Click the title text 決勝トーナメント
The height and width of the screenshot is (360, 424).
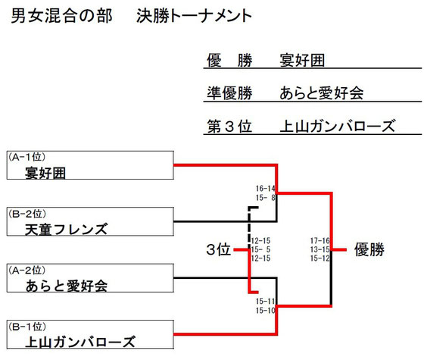[x=194, y=16]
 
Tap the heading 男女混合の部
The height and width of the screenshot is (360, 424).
[x=61, y=16]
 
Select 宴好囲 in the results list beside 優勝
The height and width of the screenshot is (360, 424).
[x=302, y=60]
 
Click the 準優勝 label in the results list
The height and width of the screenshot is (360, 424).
[x=229, y=92]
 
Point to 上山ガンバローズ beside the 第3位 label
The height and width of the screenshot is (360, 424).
[x=338, y=126]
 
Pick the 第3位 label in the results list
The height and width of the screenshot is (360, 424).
[x=229, y=126]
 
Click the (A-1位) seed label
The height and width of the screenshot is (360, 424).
[x=26, y=157]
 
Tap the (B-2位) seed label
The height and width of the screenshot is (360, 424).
[x=26, y=214]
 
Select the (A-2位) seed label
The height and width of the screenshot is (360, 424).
[x=26, y=270]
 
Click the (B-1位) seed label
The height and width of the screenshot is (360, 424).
[x=26, y=327]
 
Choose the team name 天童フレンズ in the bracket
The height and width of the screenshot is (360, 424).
[x=67, y=229]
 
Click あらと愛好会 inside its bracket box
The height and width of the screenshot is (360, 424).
[x=67, y=286]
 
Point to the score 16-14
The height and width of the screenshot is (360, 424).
[x=265, y=188]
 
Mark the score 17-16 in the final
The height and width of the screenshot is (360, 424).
[x=320, y=240]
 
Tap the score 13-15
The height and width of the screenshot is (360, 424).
[x=320, y=249]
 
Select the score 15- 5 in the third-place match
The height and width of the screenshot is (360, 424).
[x=260, y=249]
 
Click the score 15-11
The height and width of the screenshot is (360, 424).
[x=265, y=301]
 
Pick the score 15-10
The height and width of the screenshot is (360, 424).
[x=265, y=310]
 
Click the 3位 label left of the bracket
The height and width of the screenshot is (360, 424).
[x=218, y=249]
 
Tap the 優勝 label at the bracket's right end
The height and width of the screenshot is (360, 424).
[x=369, y=249]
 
